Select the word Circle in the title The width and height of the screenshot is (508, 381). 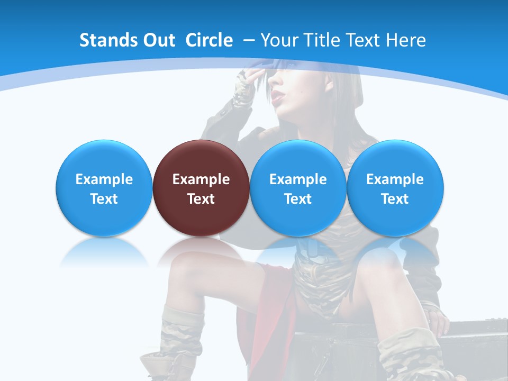(209, 40)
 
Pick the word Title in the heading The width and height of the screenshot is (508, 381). (323, 40)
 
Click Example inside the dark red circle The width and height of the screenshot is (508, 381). (201, 179)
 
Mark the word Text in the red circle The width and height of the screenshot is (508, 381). (201, 199)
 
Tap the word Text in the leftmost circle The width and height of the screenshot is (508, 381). (104, 199)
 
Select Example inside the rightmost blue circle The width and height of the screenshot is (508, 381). (395, 179)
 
